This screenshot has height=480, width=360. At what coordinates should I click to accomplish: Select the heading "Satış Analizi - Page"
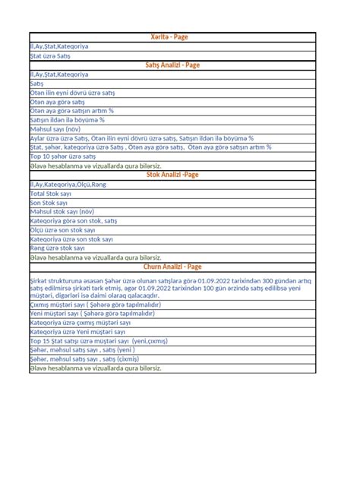point(172,65)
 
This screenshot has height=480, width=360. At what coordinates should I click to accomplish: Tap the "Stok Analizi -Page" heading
point(172,175)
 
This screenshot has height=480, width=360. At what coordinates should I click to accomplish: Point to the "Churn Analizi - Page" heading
point(172,267)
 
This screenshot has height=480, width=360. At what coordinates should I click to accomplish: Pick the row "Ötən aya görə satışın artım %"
point(77,111)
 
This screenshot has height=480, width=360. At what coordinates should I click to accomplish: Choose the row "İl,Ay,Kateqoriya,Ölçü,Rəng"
point(68,184)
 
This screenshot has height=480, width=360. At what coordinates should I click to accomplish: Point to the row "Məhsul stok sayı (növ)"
point(63,211)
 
